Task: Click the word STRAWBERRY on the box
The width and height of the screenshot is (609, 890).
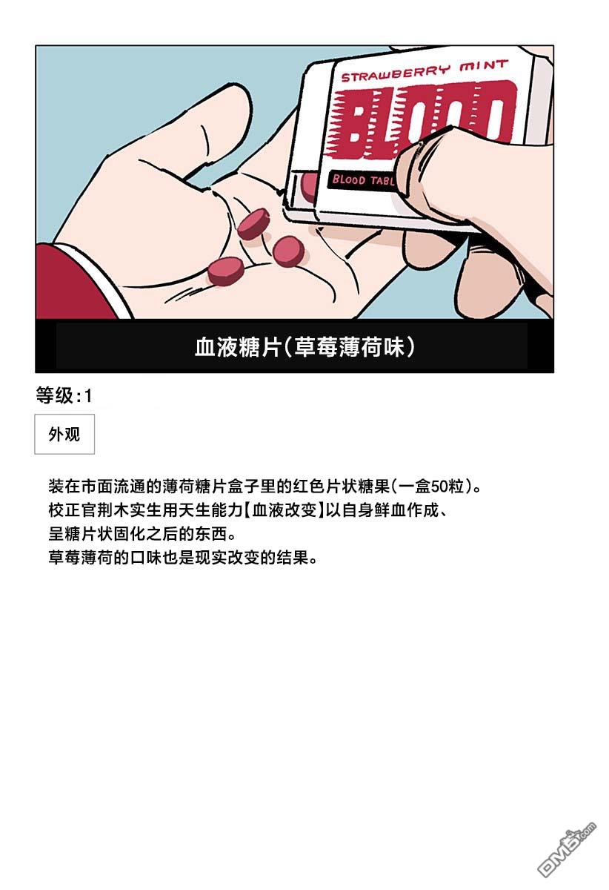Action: click(x=396, y=72)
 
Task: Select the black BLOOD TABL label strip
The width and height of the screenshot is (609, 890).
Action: click(x=362, y=180)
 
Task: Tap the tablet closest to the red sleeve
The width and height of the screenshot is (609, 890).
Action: click(x=225, y=271)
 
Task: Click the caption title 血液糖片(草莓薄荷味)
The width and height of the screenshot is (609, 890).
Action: click(x=304, y=347)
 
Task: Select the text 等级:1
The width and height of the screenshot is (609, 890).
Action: click(x=64, y=396)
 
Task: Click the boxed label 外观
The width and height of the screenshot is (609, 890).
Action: click(x=64, y=435)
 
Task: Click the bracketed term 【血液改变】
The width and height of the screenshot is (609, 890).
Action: click(x=284, y=510)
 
